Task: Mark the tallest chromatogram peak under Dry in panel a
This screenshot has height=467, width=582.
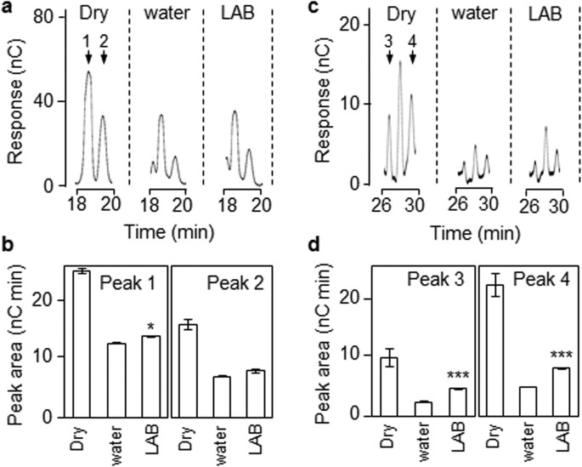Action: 88,72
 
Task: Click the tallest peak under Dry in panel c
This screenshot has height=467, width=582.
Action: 399,62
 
